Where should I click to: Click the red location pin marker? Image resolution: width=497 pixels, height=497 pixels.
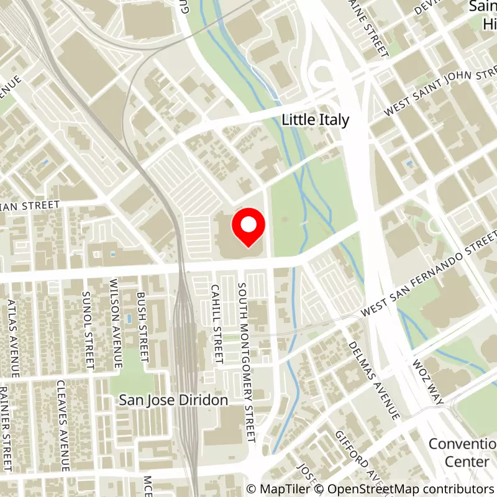pyautogui.click(x=248, y=227)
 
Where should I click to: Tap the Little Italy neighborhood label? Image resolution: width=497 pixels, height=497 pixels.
pyautogui.click(x=316, y=120)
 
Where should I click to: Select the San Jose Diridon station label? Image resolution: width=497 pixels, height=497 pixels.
pyautogui.click(x=173, y=401)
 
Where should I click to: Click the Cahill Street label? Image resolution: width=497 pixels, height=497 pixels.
pyautogui.click(x=216, y=323)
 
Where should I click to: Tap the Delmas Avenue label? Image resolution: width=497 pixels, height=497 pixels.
pyautogui.click(x=373, y=379)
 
